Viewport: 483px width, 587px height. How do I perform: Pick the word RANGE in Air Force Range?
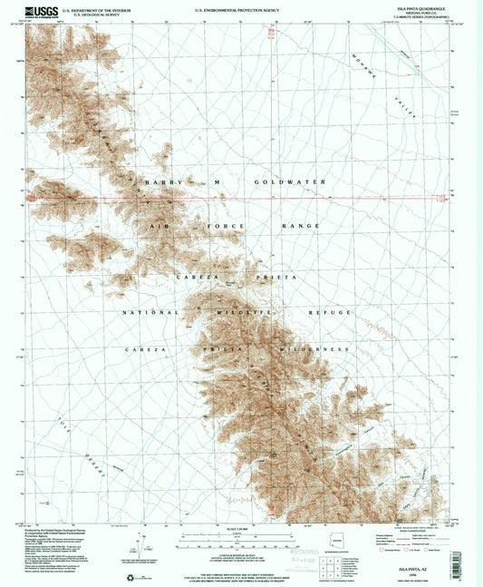click(301, 225)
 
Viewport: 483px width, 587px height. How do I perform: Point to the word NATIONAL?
click(150, 311)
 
